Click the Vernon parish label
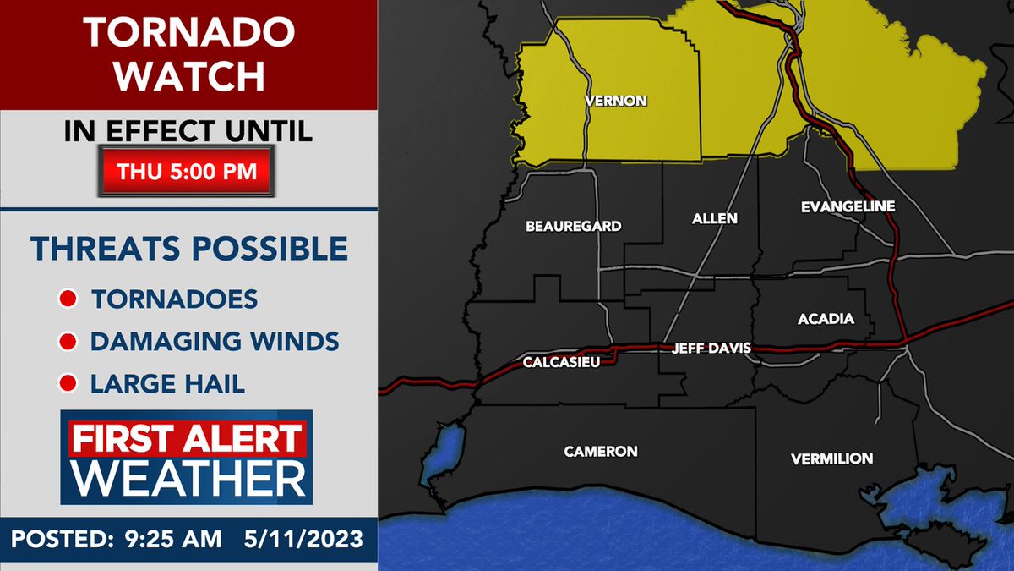pyautogui.click(x=616, y=101)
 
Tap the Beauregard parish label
pyautogui.click(x=573, y=226)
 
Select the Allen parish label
pyautogui.click(x=714, y=218)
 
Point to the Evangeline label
pyautogui.click(x=847, y=206)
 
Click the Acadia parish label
pyautogui.click(x=826, y=319)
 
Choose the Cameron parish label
pyautogui.click(x=601, y=451)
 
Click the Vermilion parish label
pyautogui.click(x=831, y=458)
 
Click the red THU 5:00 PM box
pyautogui.click(x=188, y=171)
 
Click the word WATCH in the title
pyautogui.click(x=189, y=75)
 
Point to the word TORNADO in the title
pyautogui.click(x=189, y=33)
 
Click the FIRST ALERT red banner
pyautogui.click(x=186, y=439)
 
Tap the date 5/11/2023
pyautogui.click(x=302, y=539)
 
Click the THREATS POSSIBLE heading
pyautogui.click(x=189, y=249)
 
